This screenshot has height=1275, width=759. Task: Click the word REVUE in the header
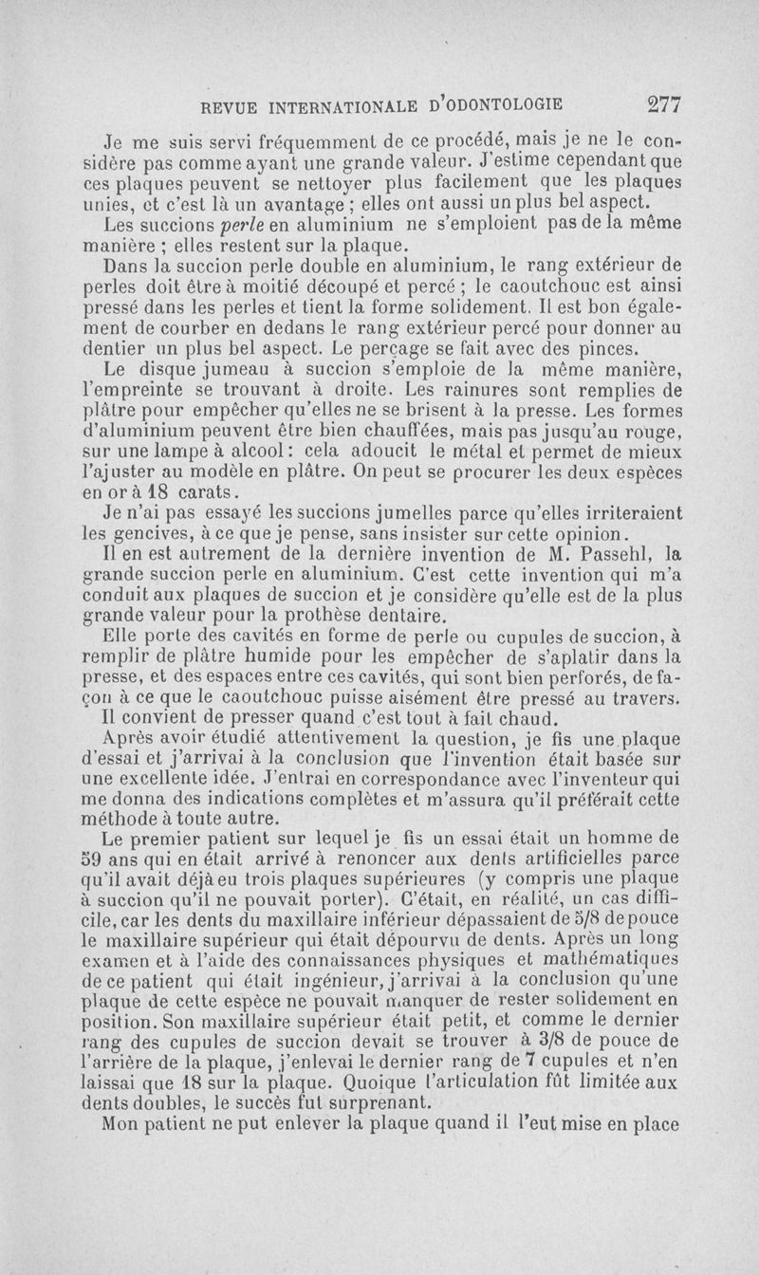(220, 104)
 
